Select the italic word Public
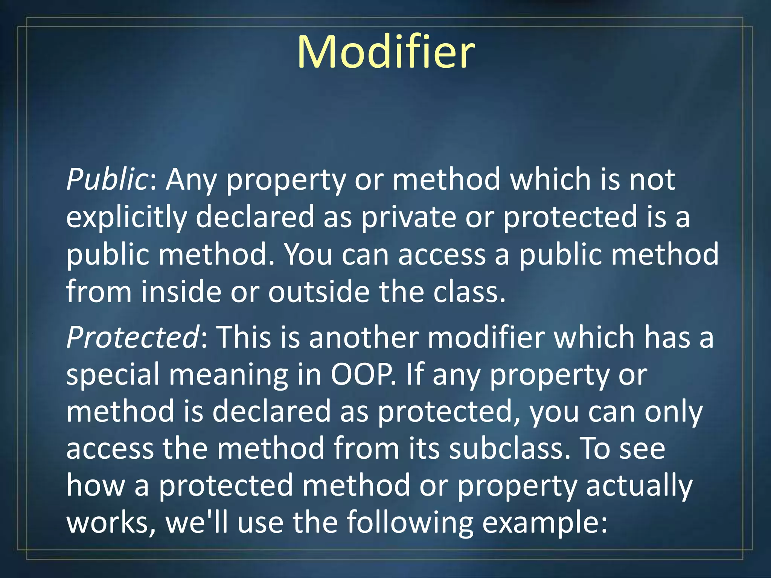[x=107, y=179]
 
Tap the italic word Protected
[x=133, y=337]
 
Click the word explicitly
[x=126, y=217]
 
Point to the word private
[x=408, y=217]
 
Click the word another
[x=364, y=337]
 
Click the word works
[x=109, y=523]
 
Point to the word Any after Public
[x=191, y=180]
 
